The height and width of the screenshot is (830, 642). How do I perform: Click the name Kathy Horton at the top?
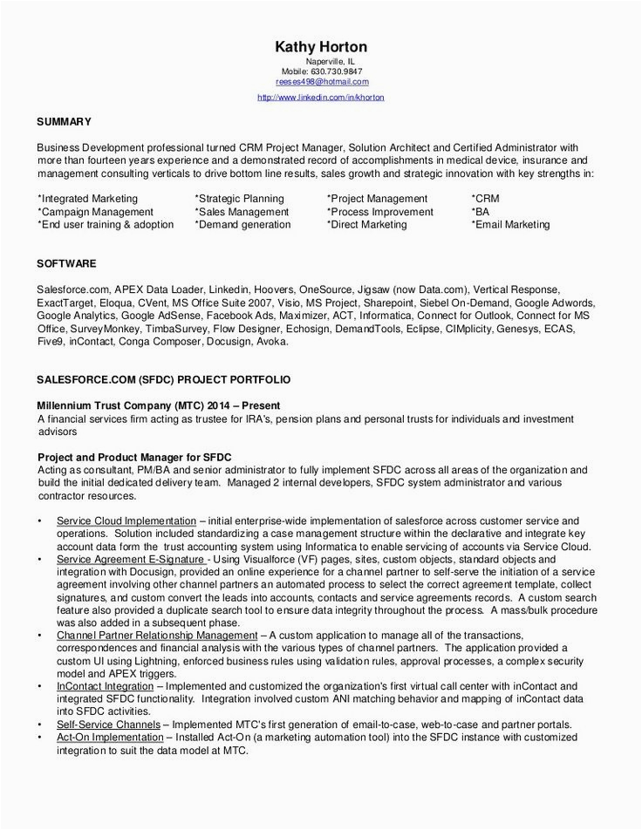click(x=320, y=46)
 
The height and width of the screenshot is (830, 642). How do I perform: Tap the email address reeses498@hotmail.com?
click(x=320, y=81)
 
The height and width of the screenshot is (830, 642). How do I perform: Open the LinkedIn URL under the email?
click(x=320, y=97)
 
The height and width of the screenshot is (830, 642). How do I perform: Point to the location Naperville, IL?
click(x=329, y=62)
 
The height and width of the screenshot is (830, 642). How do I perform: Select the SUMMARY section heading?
click(x=64, y=121)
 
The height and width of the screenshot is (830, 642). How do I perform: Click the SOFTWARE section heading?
click(x=66, y=262)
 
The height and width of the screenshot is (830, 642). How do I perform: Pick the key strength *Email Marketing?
click(x=510, y=224)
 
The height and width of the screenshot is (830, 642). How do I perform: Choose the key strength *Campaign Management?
click(x=95, y=212)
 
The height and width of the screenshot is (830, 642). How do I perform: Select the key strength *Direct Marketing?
click(x=366, y=224)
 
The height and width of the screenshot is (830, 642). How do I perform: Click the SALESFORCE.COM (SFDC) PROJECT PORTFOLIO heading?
click(x=164, y=381)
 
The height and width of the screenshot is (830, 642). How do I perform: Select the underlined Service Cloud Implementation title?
click(x=126, y=521)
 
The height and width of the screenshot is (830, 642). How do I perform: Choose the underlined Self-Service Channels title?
click(x=108, y=725)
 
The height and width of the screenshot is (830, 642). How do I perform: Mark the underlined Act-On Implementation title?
click(x=110, y=737)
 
